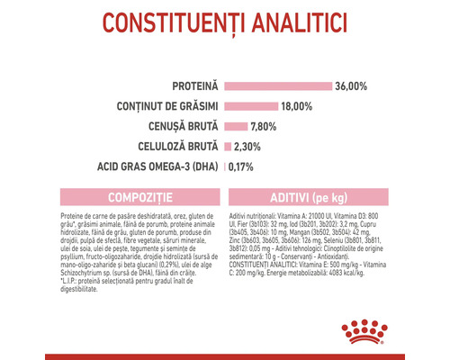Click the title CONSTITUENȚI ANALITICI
[x=224, y=22]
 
